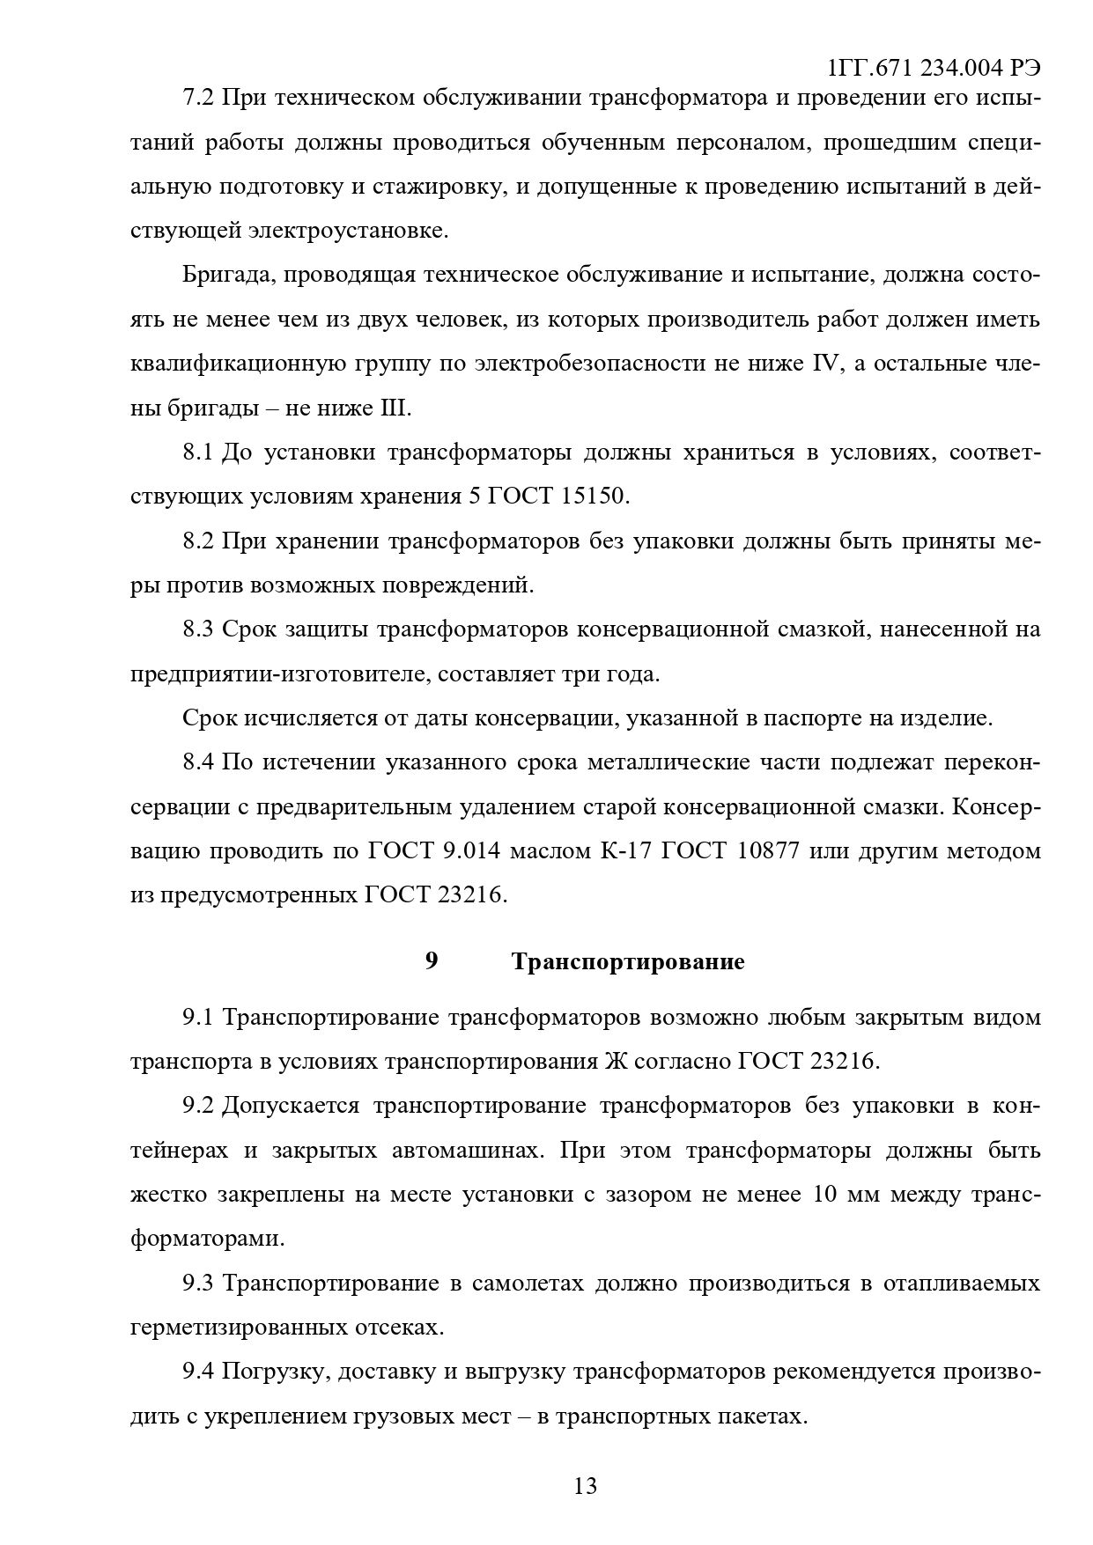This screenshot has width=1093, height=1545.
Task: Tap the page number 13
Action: (x=585, y=1486)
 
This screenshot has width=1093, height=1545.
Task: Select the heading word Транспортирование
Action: (x=627, y=961)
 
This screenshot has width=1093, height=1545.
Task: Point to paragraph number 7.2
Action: (x=198, y=98)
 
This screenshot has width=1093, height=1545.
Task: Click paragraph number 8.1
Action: (x=198, y=452)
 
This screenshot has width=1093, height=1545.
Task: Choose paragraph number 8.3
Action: (x=198, y=629)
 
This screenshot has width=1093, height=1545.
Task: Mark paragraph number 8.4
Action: (x=198, y=762)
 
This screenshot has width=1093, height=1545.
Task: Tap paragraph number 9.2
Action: (x=198, y=1106)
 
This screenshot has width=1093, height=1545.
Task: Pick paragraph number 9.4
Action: (x=198, y=1372)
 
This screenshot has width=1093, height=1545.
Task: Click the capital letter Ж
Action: (x=616, y=1062)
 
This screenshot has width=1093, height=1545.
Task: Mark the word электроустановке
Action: (x=348, y=232)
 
